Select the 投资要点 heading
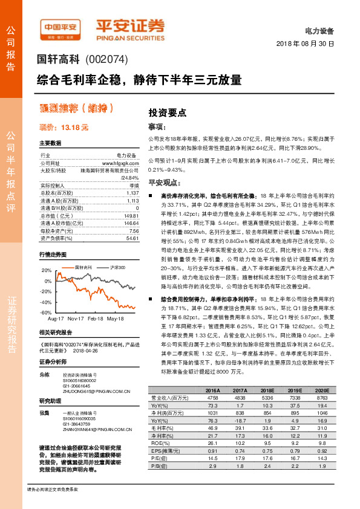pyautogui.click(x=167, y=113)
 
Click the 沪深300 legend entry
pyautogui.click(x=118, y=267)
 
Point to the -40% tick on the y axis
pyautogui.click(x=46, y=302)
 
